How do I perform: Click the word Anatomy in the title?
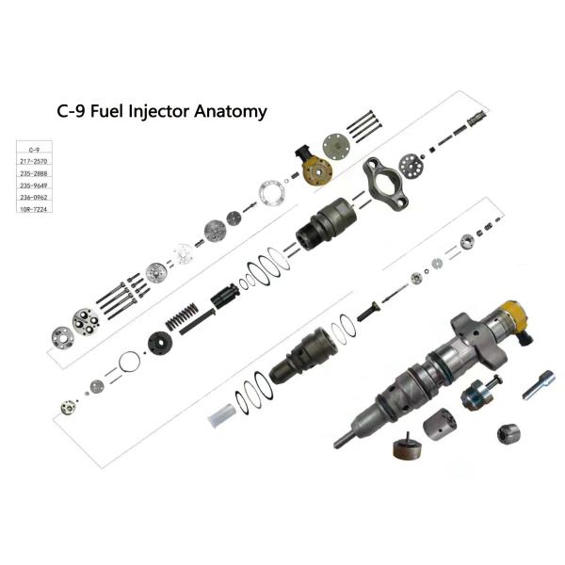(231, 112)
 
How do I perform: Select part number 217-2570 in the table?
(34, 161)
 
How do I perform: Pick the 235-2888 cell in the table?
(34, 173)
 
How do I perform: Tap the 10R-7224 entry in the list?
(34, 209)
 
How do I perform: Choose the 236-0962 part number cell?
(34, 197)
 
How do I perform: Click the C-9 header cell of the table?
(34, 150)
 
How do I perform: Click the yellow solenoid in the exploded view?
(314, 167)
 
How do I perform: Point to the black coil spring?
(182, 316)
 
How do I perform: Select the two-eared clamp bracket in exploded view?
(385, 185)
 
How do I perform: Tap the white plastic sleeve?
(221, 416)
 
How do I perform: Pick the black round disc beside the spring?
(160, 343)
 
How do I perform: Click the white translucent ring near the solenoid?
(273, 193)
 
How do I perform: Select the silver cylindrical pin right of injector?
(539, 384)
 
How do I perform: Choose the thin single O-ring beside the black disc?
(129, 363)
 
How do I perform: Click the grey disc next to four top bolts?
(336, 146)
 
